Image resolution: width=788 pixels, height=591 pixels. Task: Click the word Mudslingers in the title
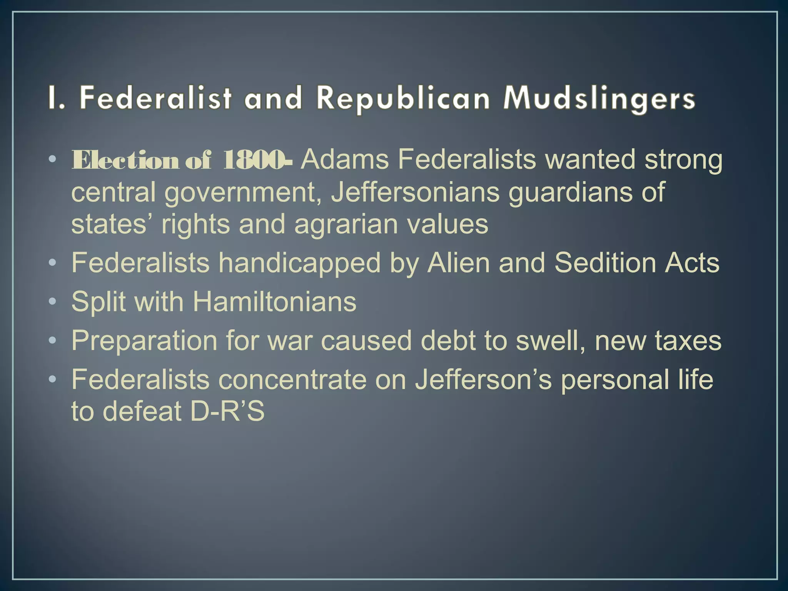click(599, 98)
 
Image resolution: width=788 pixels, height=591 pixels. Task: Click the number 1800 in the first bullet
click(254, 160)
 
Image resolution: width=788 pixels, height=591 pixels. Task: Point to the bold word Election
click(125, 160)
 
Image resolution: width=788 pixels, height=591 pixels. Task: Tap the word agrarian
click(346, 225)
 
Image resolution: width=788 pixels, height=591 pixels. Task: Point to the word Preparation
click(144, 341)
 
